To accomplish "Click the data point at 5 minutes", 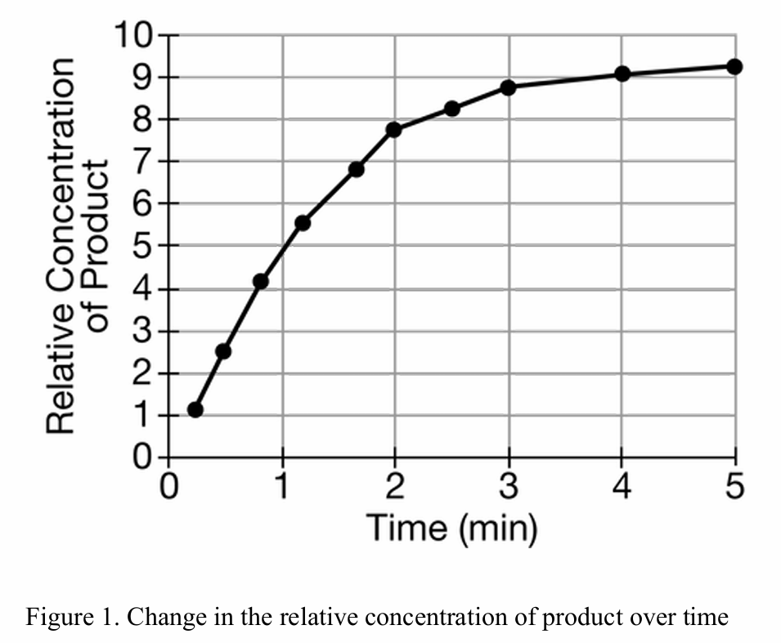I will click(x=734, y=66).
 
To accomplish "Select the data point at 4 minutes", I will click(x=622, y=74).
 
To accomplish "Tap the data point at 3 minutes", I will click(x=508, y=87).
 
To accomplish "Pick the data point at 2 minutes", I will click(x=393, y=129).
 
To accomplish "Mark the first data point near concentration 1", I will click(x=195, y=409).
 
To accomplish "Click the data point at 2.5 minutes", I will click(x=452, y=108).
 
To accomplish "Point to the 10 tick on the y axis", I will click(x=132, y=35).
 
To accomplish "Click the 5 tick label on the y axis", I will click(x=142, y=245).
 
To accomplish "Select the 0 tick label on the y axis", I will click(x=142, y=457).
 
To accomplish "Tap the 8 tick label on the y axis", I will click(x=142, y=119).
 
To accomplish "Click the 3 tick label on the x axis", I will click(x=508, y=487).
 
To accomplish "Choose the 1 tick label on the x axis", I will click(x=282, y=487).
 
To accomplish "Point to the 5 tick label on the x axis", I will click(x=734, y=487).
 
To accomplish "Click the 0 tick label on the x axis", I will click(x=169, y=487).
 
